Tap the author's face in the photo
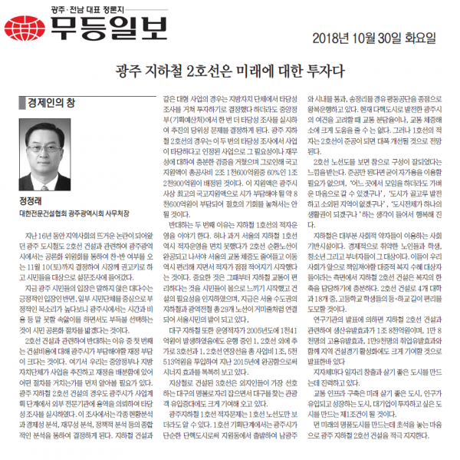click(x=55, y=141)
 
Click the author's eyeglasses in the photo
click(x=55, y=137)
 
